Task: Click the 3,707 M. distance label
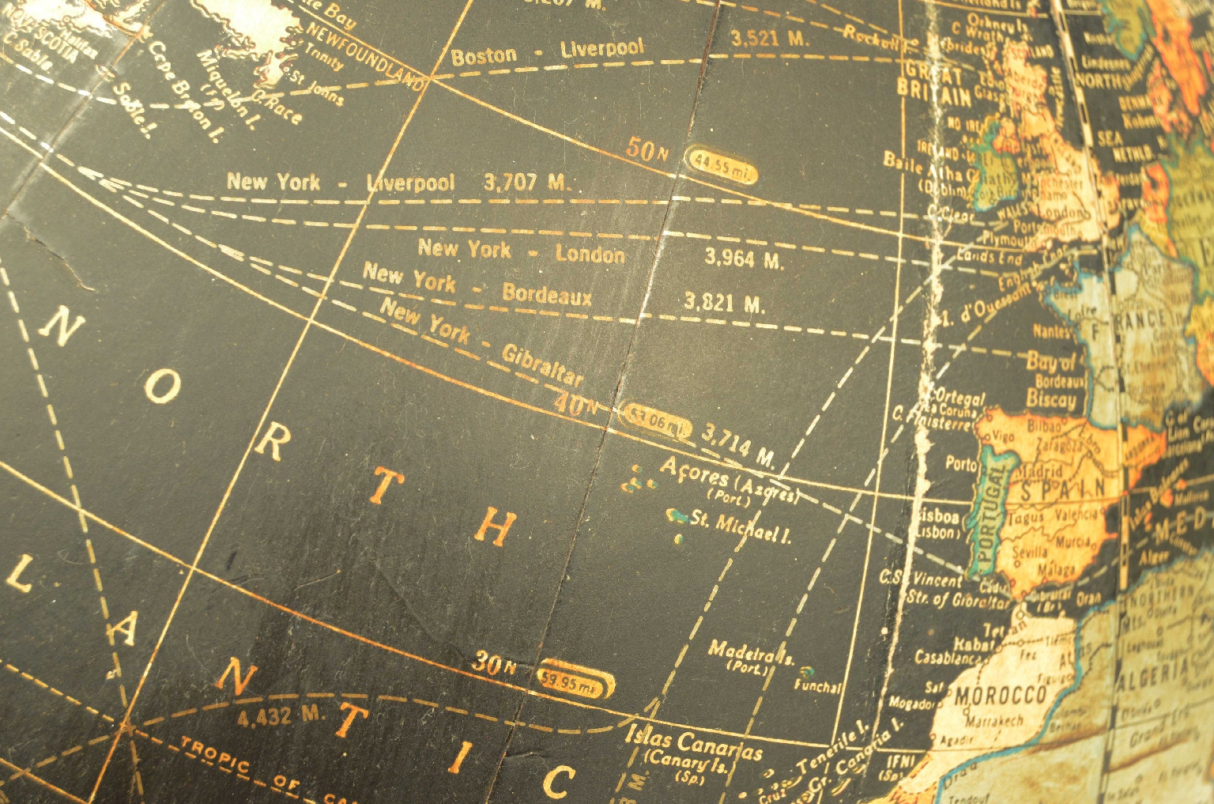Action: (526, 183)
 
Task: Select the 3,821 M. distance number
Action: (723, 302)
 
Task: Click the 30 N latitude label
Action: (494, 664)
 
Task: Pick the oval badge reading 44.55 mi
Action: (720, 164)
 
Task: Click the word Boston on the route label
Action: (484, 56)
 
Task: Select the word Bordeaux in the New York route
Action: (546, 295)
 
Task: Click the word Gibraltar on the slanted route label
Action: (543, 364)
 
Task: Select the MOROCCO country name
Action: (1000, 696)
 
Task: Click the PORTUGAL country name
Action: (990, 514)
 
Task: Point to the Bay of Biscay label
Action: (1051, 380)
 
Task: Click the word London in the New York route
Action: (590, 255)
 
